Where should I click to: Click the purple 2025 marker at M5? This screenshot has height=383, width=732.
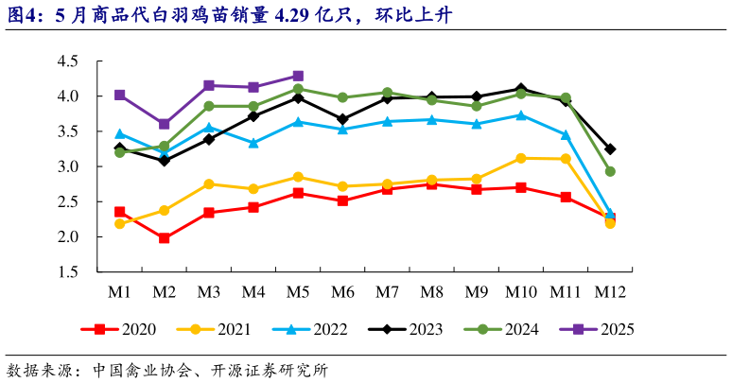[298, 76]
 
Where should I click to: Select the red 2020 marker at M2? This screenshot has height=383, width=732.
[165, 238]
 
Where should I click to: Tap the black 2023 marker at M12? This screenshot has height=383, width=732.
[610, 149]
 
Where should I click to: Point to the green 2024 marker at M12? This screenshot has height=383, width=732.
[610, 171]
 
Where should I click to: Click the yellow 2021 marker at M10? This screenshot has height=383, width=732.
[521, 158]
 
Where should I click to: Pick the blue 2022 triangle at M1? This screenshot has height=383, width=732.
[120, 133]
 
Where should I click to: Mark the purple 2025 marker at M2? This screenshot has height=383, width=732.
[165, 124]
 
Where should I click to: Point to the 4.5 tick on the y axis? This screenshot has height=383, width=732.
[67, 61]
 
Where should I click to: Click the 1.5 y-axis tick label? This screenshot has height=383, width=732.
[67, 272]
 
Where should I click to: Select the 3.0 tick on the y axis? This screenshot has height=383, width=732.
[67, 167]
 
